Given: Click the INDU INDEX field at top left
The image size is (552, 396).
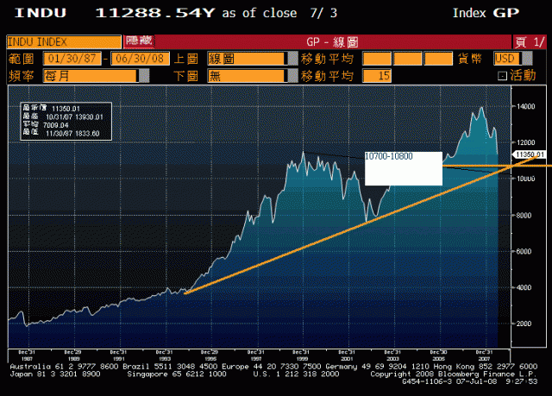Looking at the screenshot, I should (63, 41).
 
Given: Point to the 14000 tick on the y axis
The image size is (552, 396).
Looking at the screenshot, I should (523, 106).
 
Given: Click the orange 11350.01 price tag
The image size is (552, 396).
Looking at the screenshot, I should (530, 154).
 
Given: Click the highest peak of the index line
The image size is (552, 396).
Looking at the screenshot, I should (480, 108).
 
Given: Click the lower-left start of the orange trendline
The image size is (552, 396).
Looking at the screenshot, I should (185, 294).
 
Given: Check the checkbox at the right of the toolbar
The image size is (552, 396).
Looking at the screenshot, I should (503, 76).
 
